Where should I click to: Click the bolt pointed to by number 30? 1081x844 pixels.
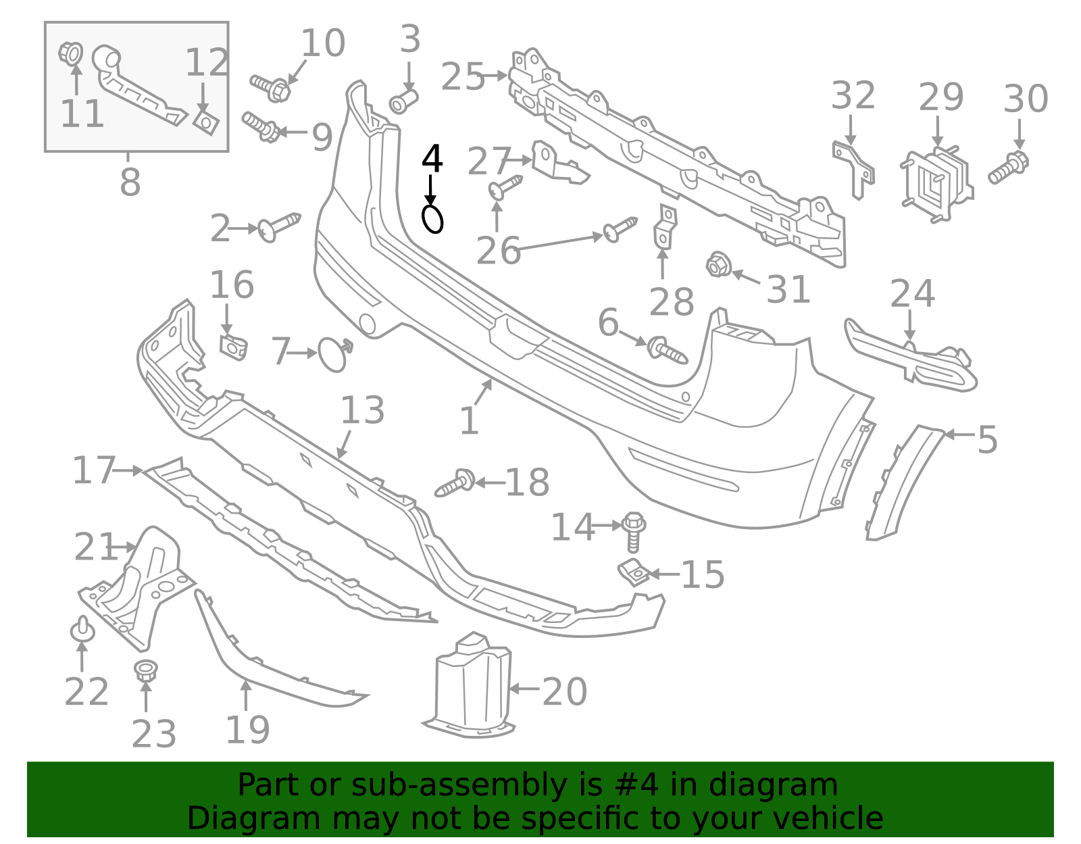(x=1008, y=168)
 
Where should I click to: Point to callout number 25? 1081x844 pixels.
(x=463, y=76)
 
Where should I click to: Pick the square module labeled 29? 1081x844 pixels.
(x=936, y=184)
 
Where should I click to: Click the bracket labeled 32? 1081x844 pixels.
(x=854, y=170)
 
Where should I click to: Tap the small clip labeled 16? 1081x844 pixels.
(x=233, y=347)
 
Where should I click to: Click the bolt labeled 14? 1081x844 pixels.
(x=633, y=532)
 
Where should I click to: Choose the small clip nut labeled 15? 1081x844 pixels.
(x=634, y=572)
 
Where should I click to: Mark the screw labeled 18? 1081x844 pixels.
(x=455, y=483)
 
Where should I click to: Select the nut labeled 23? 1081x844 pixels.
(x=146, y=670)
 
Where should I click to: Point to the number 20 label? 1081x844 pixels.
(x=565, y=691)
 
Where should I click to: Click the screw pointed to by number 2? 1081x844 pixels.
(x=279, y=227)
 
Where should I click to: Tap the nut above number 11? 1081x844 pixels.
(x=71, y=53)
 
